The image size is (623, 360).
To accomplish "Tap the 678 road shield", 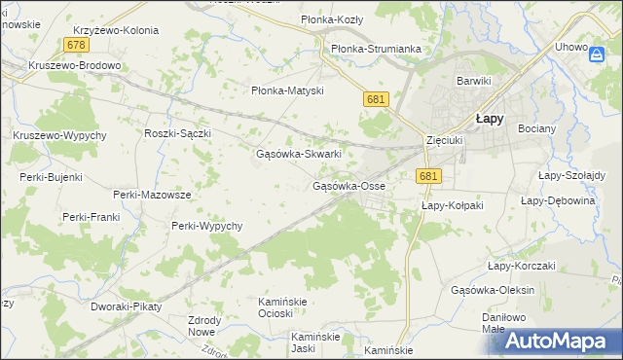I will (76, 46).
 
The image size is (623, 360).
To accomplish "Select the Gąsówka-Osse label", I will (348, 186).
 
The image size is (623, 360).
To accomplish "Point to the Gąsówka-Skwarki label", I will (298, 154).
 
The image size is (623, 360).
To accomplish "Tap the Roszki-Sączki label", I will (177, 133).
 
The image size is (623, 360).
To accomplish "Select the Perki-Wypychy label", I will (206, 226).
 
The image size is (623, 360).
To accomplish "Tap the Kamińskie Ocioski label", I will (282, 307).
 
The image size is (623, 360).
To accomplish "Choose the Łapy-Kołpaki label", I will (453, 206).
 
